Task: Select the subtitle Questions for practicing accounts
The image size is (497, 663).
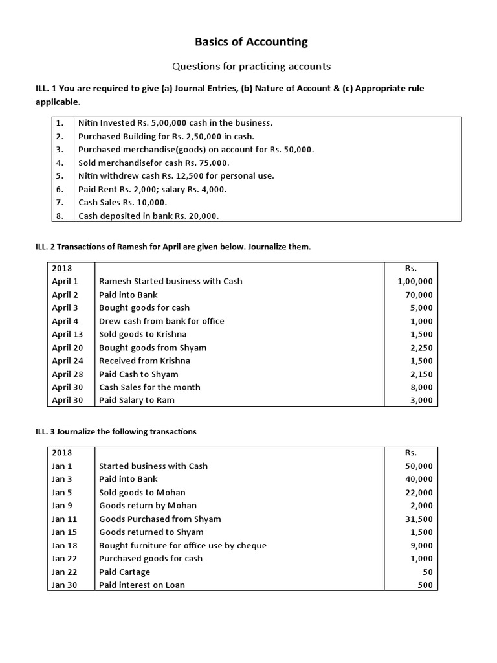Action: tap(251, 66)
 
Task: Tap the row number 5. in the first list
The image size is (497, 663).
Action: tap(60, 175)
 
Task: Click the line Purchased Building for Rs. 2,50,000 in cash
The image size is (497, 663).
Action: tap(166, 136)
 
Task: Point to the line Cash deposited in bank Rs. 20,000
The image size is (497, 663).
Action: tap(148, 216)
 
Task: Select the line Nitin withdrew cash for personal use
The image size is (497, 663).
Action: tap(176, 175)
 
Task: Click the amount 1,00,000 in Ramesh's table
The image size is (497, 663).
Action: tap(415, 281)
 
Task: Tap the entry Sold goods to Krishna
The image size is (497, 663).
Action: tap(142, 334)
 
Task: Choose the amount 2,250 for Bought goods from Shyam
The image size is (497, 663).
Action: tap(421, 348)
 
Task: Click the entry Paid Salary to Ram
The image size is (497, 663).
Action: tap(137, 400)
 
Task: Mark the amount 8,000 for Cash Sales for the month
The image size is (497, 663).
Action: tap(421, 387)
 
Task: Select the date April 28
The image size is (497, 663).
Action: tap(67, 374)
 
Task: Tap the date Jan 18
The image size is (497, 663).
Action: tap(64, 545)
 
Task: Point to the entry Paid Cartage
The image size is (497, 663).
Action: tap(124, 572)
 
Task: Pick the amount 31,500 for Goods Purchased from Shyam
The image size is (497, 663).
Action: tap(419, 519)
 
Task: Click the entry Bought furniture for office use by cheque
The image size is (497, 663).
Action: tap(182, 545)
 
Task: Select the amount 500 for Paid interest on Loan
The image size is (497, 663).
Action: tap(425, 585)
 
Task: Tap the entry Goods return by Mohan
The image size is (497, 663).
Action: tap(148, 505)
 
